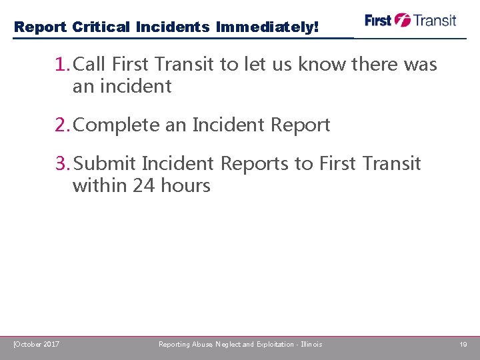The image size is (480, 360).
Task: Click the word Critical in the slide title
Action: click(x=101, y=27)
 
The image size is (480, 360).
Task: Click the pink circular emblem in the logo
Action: click(x=403, y=20)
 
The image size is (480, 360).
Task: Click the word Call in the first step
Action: click(x=91, y=65)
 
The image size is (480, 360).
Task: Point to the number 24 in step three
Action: click(x=143, y=185)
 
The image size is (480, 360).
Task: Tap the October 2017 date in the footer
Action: click(x=37, y=344)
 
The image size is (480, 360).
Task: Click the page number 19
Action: click(x=463, y=344)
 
